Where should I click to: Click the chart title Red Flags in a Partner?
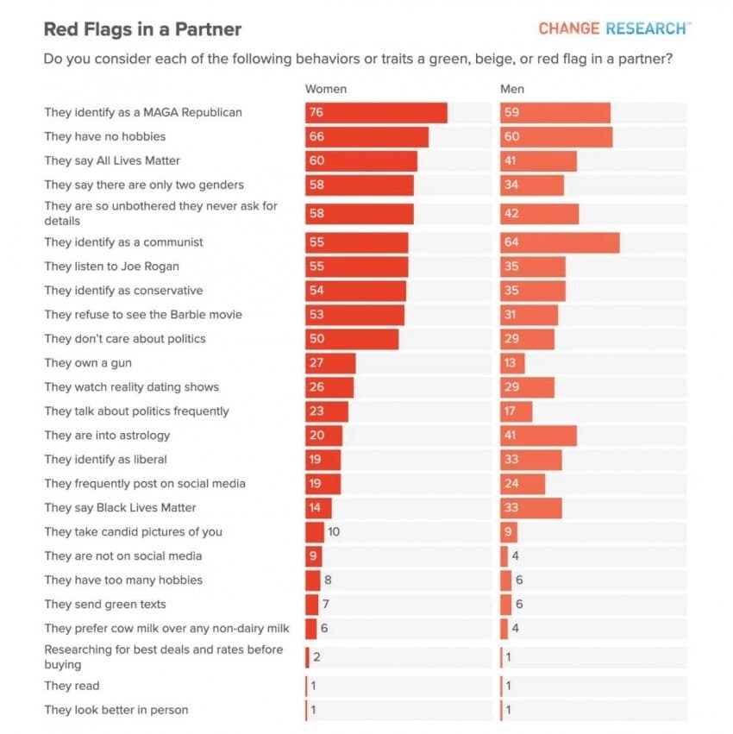[142, 29]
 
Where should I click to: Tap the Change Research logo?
[613, 28]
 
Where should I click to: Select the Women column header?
[326, 89]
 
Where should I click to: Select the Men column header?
[512, 89]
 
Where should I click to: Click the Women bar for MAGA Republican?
[376, 113]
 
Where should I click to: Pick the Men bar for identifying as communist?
[560, 242]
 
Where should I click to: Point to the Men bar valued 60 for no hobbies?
[556, 137]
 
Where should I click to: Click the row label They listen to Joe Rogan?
[112, 267]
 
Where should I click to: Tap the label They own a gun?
[88, 363]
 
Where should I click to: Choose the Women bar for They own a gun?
[330, 363]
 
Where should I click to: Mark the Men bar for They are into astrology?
[538, 436]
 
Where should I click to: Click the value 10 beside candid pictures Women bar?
[334, 532]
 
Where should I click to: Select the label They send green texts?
[105, 605]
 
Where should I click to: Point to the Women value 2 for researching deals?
[317, 657]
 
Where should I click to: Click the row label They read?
[72, 687]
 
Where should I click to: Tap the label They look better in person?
[116, 711]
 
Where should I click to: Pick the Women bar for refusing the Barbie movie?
[354, 315]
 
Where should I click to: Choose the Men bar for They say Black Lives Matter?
[531, 508]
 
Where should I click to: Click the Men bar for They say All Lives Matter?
[538, 161]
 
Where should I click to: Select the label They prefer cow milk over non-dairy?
[167, 629]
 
